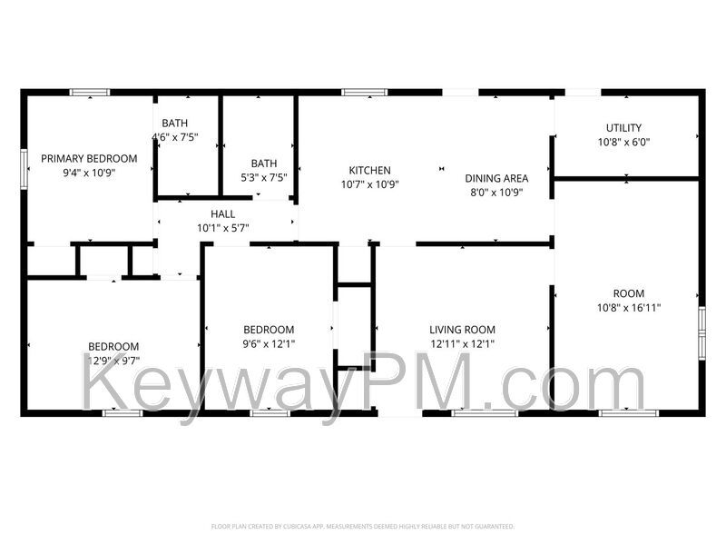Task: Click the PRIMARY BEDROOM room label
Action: [x=89, y=158]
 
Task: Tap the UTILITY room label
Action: [x=624, y=128]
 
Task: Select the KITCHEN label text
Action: [x=370, y=170]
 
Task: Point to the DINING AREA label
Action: [x=496, y=178]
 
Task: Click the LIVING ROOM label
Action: [x=463, y=330]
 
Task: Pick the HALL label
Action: [x=223, y=214]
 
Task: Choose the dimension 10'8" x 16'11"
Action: [x=629, y=308]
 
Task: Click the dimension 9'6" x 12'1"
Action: [x=269, y=343]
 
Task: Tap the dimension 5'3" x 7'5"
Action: [x=264, y=178]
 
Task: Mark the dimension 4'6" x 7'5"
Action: [x=175, y=137]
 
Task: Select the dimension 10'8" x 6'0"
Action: [x=623, y=142]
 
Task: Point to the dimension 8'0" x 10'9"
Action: [x=498, y=193]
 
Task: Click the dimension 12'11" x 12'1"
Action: [x=463, y=343]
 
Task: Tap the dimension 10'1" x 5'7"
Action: [x=223, y=228]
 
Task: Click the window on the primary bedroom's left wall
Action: [x=25, y=168]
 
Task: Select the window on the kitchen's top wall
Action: [x=365, y=92]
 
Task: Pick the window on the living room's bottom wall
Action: [x=473, y=413]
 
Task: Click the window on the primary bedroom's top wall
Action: [x=90, y=92]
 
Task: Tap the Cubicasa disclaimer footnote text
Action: [x=363, y=526]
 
